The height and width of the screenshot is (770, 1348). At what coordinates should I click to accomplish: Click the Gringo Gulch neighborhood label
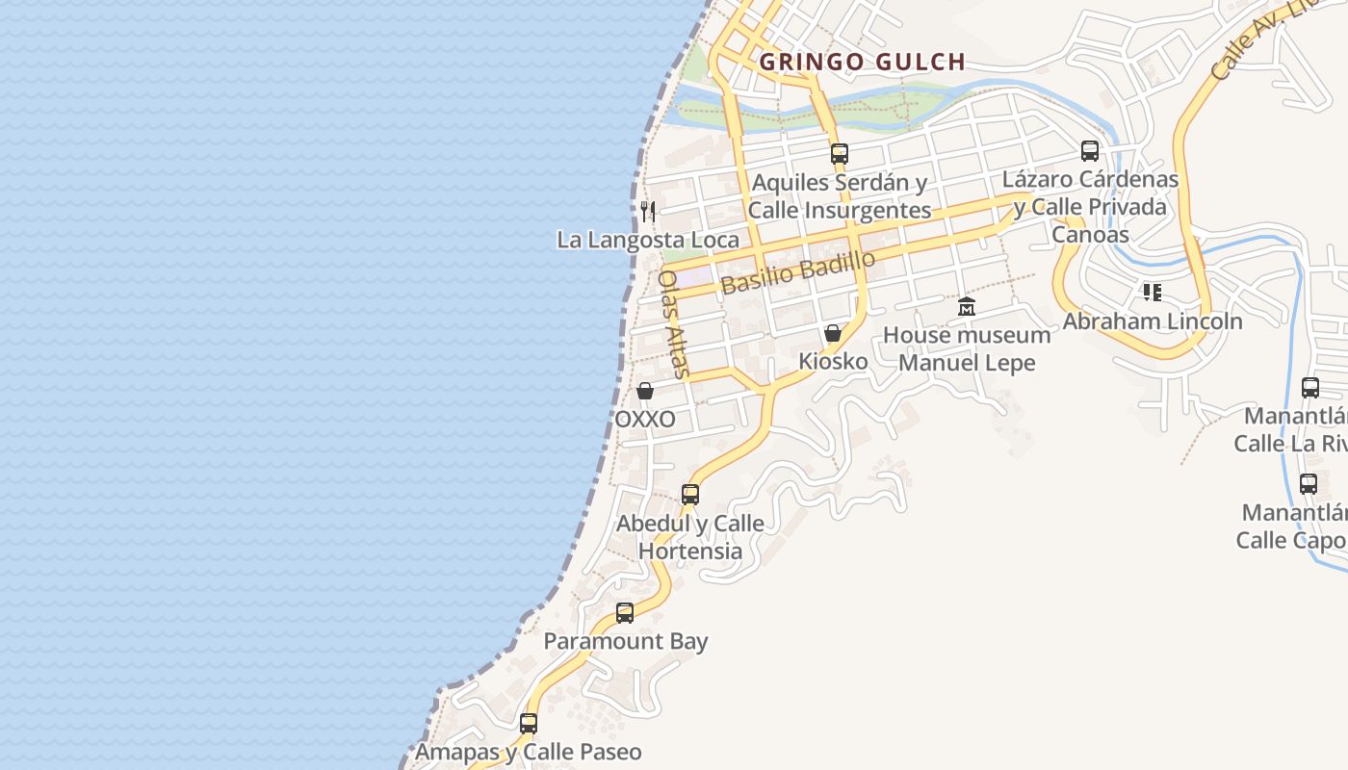862,63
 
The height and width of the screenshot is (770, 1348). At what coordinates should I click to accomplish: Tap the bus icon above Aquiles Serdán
839,153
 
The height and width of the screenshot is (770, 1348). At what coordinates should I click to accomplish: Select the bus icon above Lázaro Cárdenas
1089,151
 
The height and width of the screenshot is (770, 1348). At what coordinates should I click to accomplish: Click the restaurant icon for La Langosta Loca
648,211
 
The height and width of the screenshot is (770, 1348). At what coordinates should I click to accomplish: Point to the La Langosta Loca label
648,240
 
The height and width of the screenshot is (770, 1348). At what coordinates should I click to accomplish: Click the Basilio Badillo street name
798,272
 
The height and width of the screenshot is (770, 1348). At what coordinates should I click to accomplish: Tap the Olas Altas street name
674,323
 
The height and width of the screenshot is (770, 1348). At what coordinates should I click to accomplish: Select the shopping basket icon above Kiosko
833,333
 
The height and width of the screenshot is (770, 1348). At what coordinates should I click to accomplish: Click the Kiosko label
833,361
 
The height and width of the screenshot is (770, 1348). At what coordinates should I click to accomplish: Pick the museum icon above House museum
967,307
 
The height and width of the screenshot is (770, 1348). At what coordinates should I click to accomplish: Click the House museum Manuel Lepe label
967,348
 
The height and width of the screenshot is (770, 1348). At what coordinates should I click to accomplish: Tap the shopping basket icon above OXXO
645,391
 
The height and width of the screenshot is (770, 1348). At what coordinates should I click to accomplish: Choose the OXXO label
645,420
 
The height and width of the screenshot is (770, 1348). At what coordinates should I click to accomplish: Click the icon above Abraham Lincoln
1152,292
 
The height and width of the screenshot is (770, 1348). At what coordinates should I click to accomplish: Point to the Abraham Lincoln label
1153,321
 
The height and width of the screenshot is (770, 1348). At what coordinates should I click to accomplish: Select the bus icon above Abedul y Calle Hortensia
690,495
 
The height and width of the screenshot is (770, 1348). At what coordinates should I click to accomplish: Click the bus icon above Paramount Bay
625,612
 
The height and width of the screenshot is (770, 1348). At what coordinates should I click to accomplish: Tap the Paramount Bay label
626,641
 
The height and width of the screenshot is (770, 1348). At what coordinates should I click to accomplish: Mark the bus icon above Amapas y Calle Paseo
529,723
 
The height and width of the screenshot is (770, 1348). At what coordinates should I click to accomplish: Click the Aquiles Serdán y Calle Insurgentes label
840,196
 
